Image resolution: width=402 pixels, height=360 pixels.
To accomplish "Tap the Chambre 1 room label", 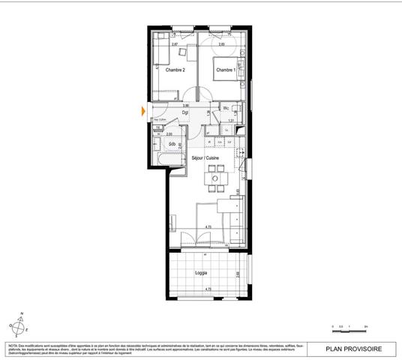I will point(226,71).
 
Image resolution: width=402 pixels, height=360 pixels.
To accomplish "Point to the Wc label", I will point(225,109).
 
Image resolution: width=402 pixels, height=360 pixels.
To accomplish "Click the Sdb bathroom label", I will point(172,144).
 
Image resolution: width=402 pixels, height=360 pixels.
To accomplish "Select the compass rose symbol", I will point(17,325).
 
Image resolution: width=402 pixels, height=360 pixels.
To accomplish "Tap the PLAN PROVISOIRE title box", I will point(355,348).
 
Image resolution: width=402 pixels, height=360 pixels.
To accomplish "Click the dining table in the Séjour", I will point(215,178).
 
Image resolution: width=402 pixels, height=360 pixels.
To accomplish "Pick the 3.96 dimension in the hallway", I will point(185,106).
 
